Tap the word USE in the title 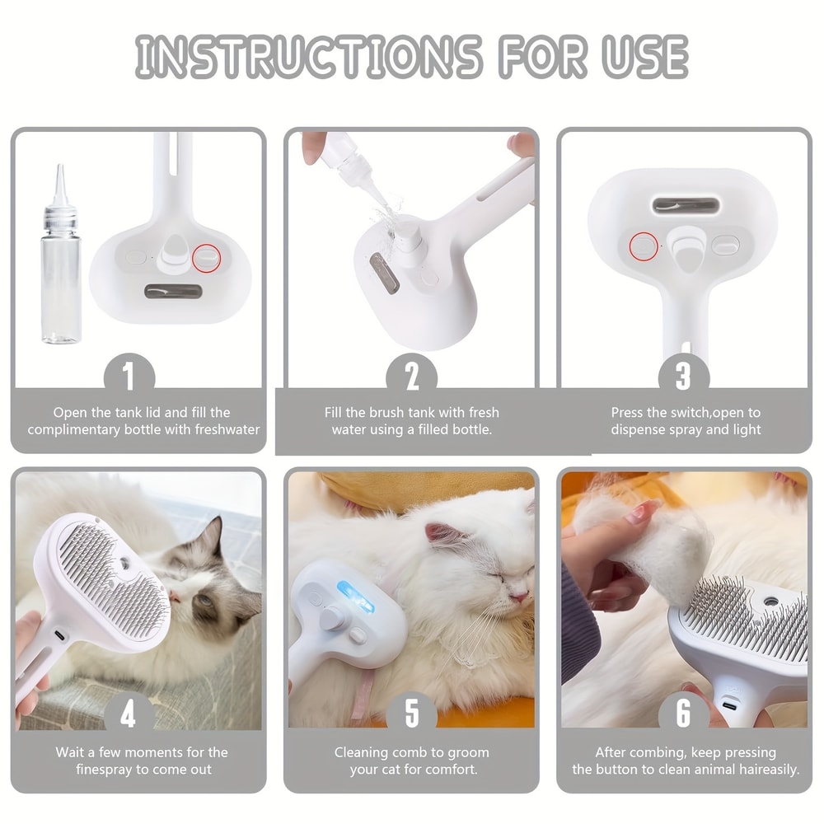point(637,57)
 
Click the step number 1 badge point(129,377)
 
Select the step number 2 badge point(411,377)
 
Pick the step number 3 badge point(683,377)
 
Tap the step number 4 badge point(129,714)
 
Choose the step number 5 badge point(411,714)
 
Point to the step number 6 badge point(683,714)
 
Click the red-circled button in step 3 point(643,245)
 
